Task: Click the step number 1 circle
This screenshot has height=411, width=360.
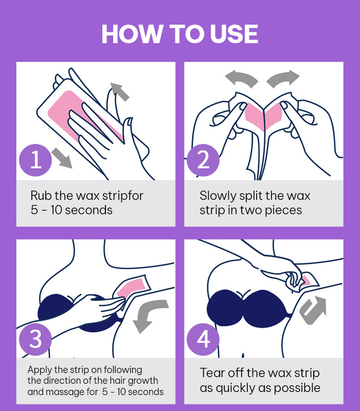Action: coord(35,160)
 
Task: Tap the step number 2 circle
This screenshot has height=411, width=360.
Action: coord(203,160)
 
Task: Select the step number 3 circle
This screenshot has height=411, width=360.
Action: coord(35,339)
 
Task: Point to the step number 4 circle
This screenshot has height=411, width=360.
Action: coord(203,339)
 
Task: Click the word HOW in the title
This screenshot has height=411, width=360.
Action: coord(132,34)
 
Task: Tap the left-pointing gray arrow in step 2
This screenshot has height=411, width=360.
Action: coord(241,79)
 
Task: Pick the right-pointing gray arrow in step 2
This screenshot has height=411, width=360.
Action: coord(283,79)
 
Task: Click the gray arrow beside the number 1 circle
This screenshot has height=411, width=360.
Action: coord(62,158)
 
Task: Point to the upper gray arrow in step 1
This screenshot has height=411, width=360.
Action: coord(120,91)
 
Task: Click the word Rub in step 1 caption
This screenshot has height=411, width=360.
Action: coord(39,196)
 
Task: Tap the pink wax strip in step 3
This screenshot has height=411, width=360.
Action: coord(131,288)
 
